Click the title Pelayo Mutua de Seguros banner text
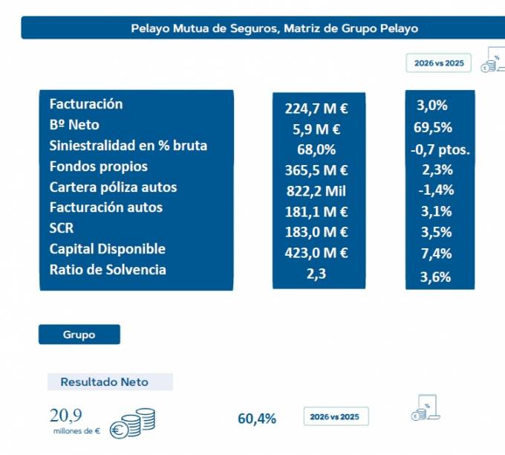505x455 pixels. pos(274,28)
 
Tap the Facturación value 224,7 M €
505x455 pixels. pos(316,109)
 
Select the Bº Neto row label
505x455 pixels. pos(74,125)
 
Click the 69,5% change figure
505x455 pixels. pos(433,127)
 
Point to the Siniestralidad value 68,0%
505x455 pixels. pos(316,149)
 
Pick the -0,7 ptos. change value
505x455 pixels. pos(440,149)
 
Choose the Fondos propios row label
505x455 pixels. pos(99,167)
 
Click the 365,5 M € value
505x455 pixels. pos(316,170)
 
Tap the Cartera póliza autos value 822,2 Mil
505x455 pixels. pos(316,191)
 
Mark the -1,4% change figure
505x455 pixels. pos(436,190)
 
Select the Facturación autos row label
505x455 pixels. pos(106,207)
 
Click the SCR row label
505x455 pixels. pos(62,228)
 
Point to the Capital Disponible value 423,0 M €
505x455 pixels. pos(316,253)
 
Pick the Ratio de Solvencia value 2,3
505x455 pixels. pos(316,274)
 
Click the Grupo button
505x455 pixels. pos(79,335)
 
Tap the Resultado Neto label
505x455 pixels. pos(105,382)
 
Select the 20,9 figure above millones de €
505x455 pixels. pos(65,416)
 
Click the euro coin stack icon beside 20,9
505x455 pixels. pos(132,423)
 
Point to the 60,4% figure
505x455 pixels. pos(257,419)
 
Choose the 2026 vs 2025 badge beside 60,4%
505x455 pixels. pos(336,416)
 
